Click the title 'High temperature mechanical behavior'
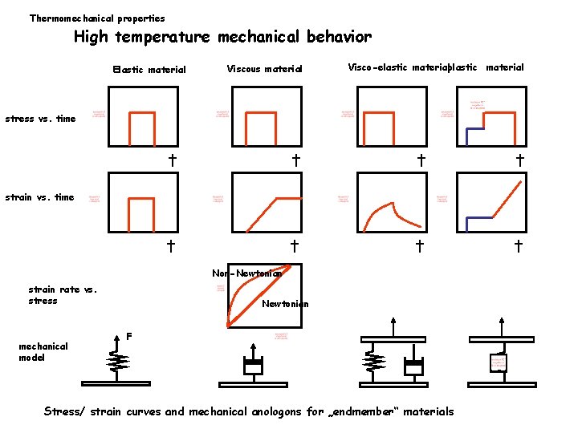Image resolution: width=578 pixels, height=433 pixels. pos(222,37)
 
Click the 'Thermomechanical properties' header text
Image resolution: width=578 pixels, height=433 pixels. pos(97,18)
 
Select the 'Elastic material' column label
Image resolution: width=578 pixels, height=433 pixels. pos(149,70)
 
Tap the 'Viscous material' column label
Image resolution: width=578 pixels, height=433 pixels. pos(264,69)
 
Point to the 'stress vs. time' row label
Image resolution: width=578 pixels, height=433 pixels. pos(40,119)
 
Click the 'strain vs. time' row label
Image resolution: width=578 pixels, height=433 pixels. pos(40,197)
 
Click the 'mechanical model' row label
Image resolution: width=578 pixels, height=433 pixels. pos(43,352)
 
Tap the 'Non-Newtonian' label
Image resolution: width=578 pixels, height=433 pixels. pos(247,273)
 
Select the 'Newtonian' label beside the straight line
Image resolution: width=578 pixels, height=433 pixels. pos(285,304)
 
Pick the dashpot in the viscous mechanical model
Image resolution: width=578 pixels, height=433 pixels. pos(254,366)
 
